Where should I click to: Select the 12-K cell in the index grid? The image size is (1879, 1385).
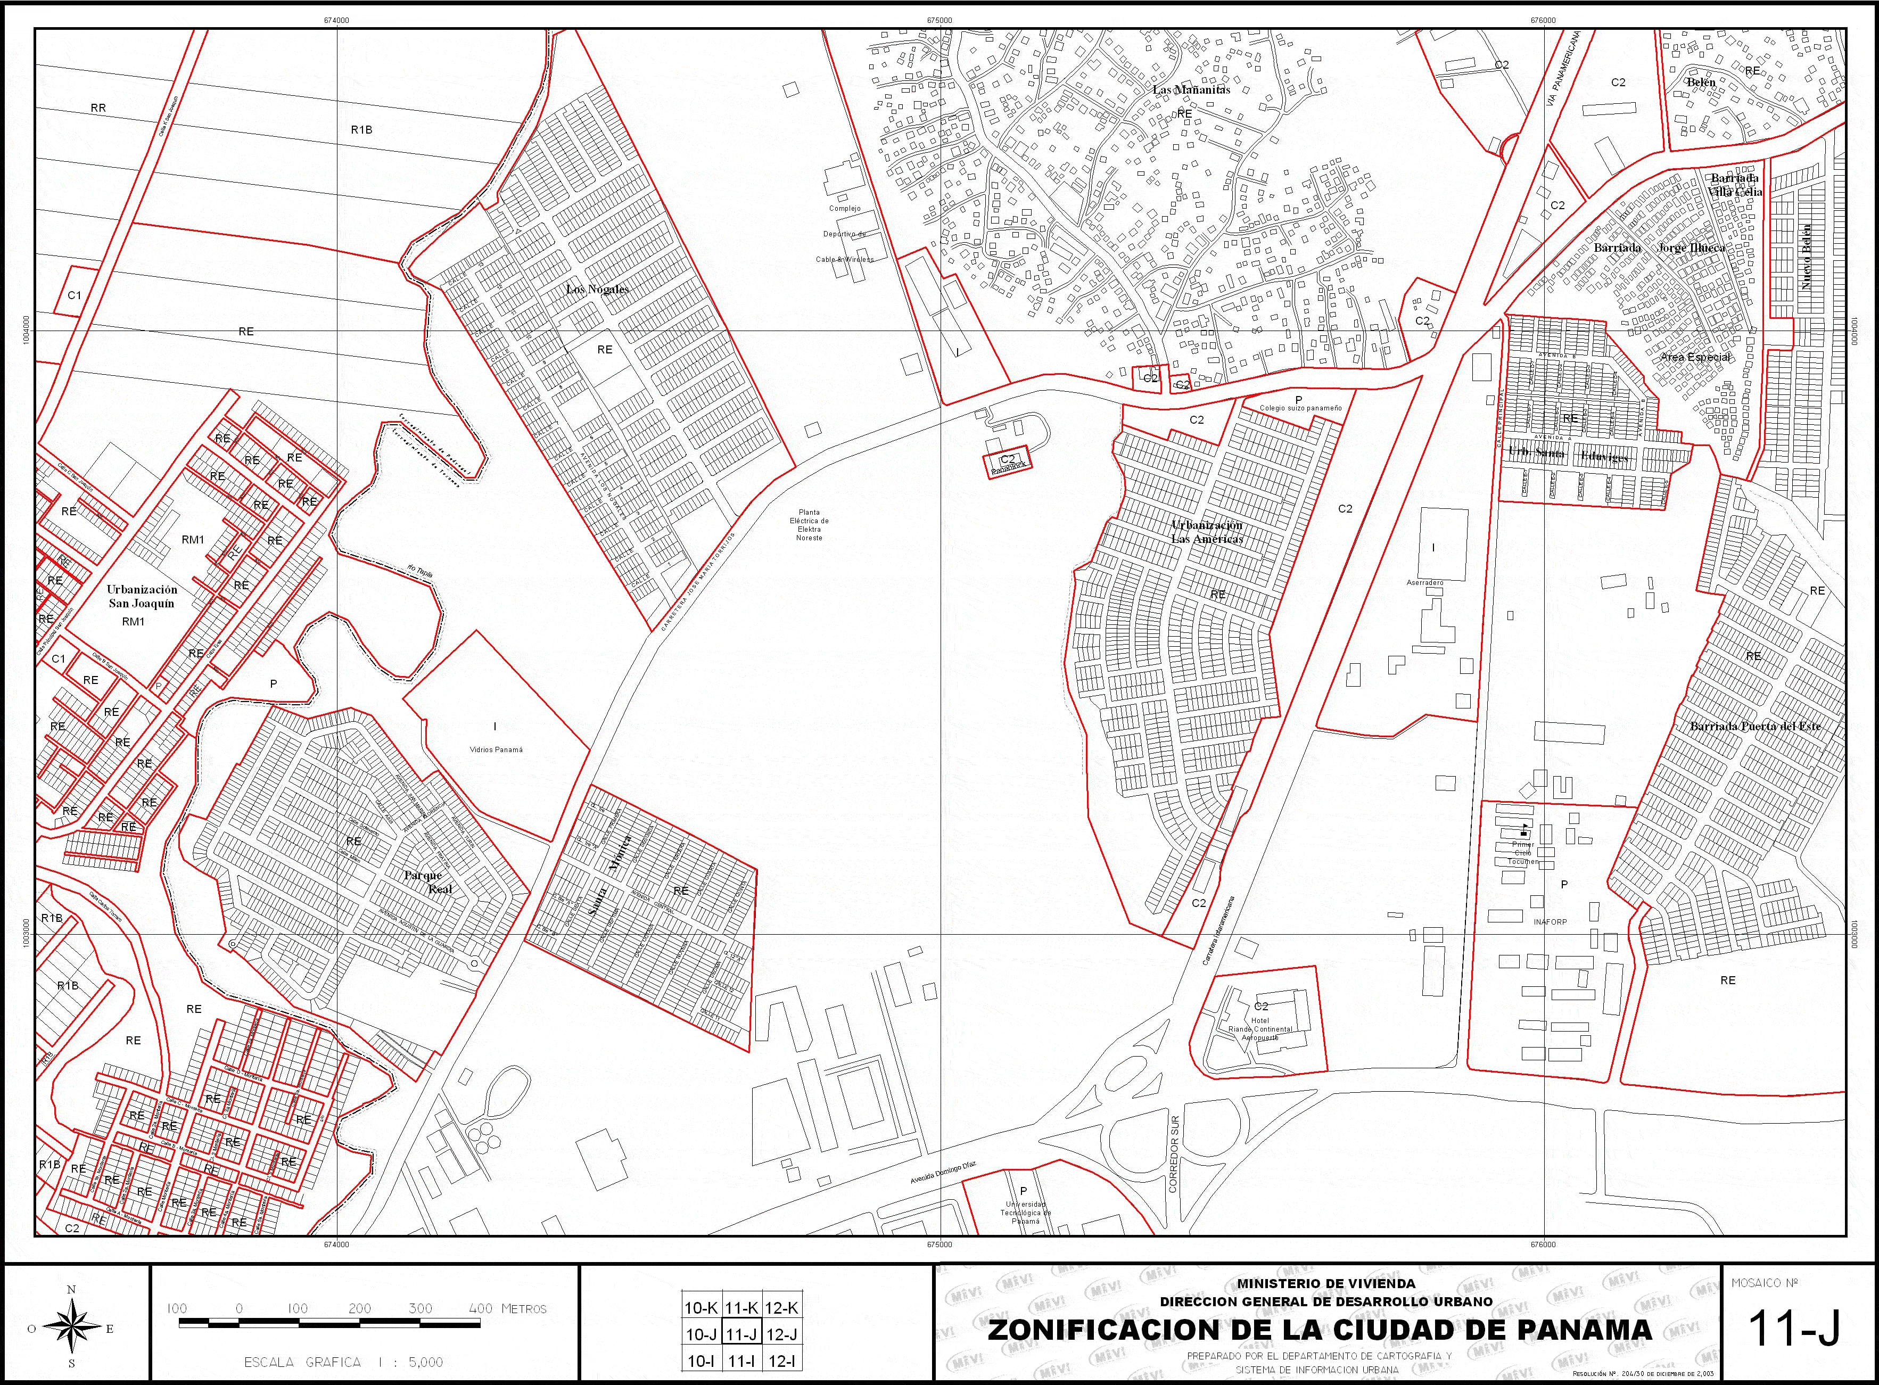click(x=781, y=1308)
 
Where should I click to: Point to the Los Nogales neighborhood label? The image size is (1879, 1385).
click(x=597, y=289)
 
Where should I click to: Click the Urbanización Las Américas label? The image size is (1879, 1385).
click(x=1207, y=532)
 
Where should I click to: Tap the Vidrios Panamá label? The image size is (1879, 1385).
click(x=497, y=749)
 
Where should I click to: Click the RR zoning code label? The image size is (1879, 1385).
click(x=98, y=108)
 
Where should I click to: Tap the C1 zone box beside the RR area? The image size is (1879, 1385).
click(x=75, y=294)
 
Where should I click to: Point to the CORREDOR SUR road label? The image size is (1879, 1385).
click(x=1174, y=1165)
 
